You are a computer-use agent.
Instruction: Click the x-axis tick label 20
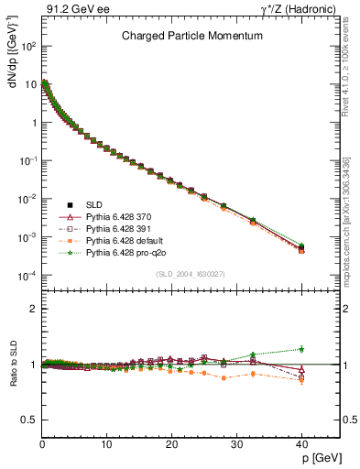[x=170, y=442]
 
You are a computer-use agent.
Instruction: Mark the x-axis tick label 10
[x=106, y=442]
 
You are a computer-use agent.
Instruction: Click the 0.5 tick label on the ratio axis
[x=30, y=419]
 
